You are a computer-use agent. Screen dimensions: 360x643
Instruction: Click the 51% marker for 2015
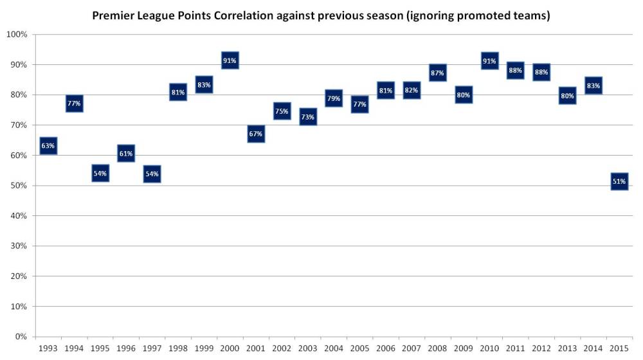[619, 182]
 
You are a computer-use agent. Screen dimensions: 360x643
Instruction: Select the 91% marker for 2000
[230, 60]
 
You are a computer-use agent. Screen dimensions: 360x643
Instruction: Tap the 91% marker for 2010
[489, 61]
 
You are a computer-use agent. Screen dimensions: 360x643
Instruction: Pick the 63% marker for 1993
[48, 146]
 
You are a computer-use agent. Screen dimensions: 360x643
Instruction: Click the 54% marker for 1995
[100, 174]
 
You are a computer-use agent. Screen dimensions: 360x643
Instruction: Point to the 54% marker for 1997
[152, 174]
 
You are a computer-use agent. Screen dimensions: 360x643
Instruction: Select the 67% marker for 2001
[256, 134]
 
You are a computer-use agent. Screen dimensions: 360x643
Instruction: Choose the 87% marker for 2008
[437, 73]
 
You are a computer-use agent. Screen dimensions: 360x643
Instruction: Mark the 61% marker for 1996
[126, 154]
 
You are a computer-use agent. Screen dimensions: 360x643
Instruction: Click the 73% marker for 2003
[308, 116]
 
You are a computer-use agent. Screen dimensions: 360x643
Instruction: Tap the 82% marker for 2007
[412, 91]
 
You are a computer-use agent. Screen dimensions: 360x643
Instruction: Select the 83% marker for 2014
[593, 85]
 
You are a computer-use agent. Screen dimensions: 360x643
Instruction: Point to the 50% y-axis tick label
[18, 186]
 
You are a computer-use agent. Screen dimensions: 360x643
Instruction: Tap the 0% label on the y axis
[21, 336]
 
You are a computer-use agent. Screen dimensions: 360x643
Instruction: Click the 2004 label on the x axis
[333, 348]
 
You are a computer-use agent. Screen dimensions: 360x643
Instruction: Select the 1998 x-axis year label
[177, 348]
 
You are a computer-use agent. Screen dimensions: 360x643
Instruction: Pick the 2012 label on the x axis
[541, 348]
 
